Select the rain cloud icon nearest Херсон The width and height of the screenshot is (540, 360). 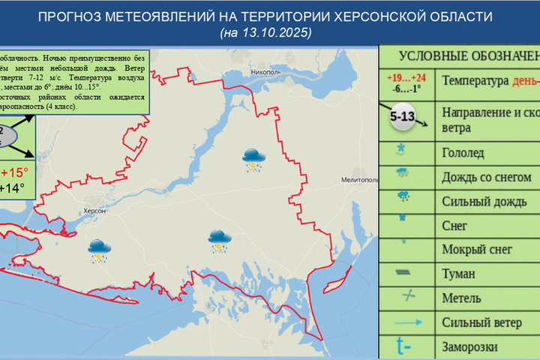98,250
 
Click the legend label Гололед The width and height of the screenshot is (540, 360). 464,153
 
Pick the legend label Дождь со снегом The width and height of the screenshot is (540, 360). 487,178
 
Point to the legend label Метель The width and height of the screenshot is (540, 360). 462,298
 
